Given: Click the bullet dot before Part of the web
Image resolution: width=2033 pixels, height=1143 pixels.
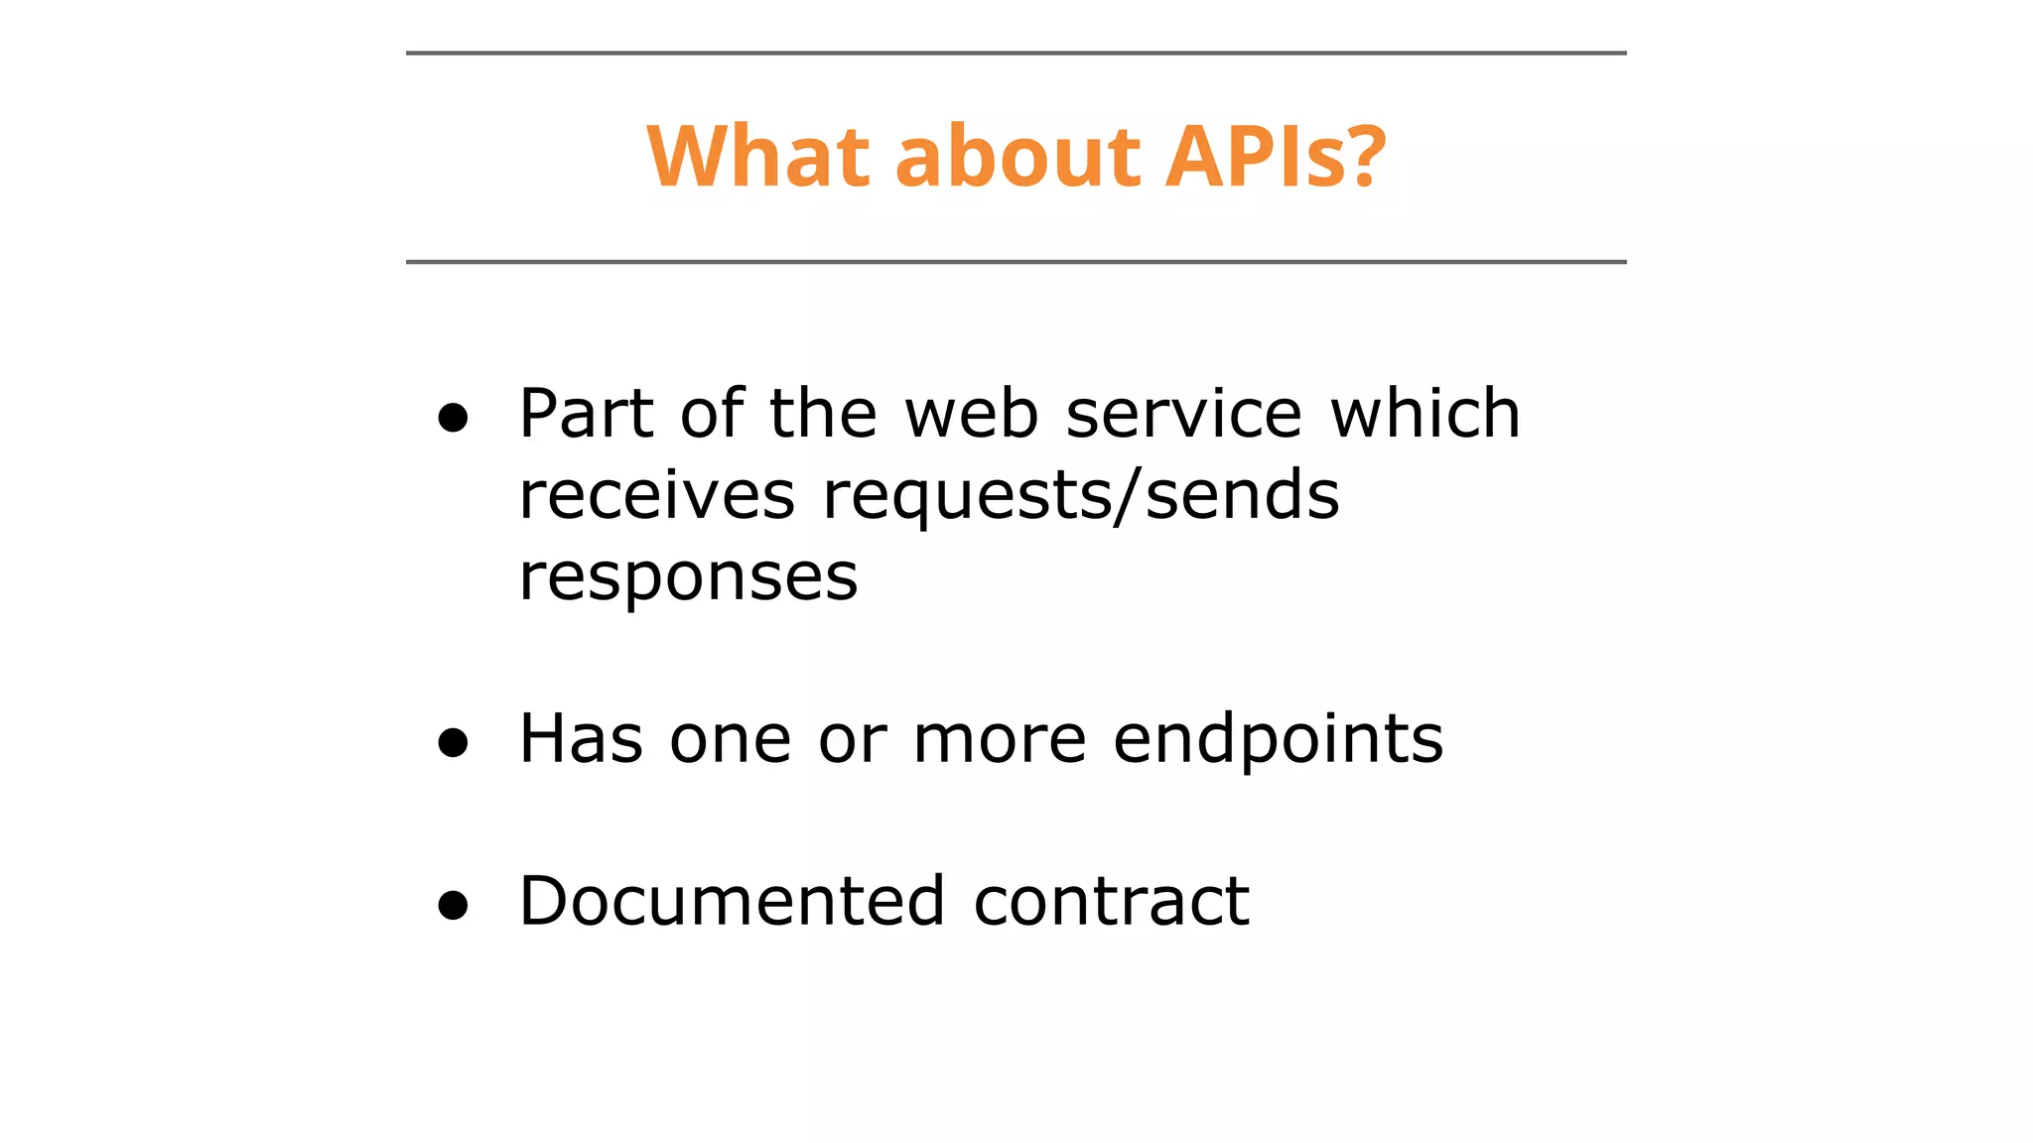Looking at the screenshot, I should [453, 419].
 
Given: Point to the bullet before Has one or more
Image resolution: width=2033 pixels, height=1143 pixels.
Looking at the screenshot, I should [453, 743].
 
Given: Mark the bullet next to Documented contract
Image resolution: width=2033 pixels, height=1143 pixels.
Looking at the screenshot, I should [453, 905].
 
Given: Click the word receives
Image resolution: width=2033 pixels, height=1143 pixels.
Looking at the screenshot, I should [656, 495].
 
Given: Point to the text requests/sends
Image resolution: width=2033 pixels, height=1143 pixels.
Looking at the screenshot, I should [1081, 495].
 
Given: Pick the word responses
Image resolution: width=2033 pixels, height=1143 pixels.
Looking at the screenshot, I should [688, 577].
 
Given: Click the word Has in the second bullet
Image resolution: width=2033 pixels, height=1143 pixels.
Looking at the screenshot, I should [581, 739].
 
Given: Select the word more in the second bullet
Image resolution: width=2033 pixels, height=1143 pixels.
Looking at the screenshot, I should [1000, 739].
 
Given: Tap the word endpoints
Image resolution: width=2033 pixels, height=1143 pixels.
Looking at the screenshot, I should [1278, 741].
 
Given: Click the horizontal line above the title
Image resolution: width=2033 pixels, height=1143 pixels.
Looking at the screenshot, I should [1016, 53].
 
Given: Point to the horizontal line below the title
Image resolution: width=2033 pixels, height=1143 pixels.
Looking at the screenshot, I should [1016, 262].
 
